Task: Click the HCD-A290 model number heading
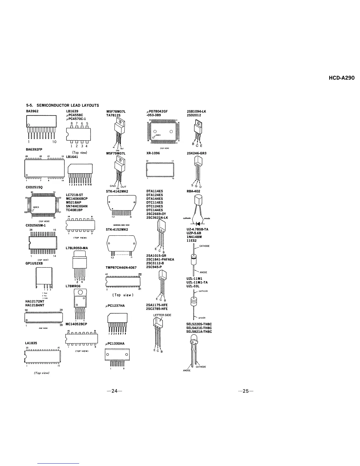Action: click(x=341, y=78)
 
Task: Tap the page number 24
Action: click(x=114, y=391)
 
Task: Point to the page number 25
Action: click(x=246, y=391)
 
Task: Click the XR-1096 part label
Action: click(x=153, y=153)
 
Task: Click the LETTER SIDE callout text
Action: click(x=162, y=315)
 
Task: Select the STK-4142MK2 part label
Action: click(x=117, y=191)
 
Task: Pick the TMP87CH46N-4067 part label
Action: click(x=121, y=268)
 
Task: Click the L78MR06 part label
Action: click(x=73, y=286)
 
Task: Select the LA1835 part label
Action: click(x=31, y=343)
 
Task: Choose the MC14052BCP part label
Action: click(x=76, y=324)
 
